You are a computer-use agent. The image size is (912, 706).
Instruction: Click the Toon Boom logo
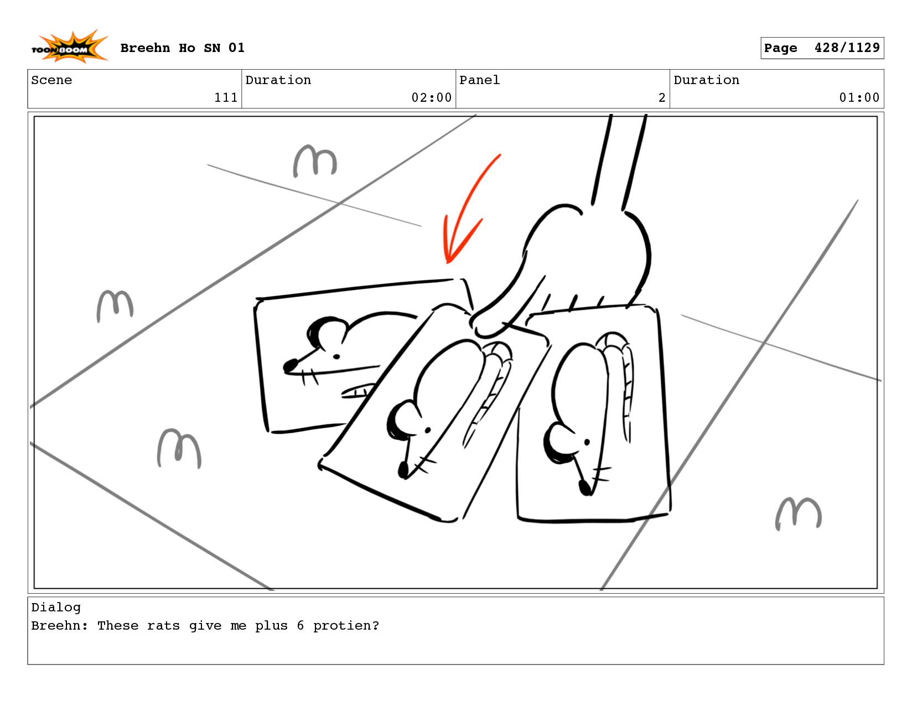point(69,46)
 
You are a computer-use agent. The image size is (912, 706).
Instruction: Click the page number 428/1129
point(847,48)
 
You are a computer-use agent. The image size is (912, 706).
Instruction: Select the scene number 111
point(226,97)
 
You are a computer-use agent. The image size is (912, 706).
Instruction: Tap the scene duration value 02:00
point(431,97)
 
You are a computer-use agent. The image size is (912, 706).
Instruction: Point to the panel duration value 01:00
point(859,97)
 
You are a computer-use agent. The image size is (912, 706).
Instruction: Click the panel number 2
point(662,97)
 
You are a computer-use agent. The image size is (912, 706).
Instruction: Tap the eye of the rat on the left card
point(336,356)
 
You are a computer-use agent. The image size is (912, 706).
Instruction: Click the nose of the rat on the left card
point(290,365)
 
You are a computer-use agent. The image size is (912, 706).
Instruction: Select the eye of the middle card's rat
point(428,430)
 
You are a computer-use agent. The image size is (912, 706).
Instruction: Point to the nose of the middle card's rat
point(403,470)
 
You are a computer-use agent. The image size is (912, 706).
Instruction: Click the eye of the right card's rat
point(587,442)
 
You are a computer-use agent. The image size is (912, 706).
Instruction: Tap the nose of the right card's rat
point(584,487)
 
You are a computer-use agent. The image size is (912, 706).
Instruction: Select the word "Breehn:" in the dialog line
point(60,625)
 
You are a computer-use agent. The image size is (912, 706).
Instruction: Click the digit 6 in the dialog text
point(300,625)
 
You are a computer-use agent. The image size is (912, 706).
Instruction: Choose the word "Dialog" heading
point(56,607)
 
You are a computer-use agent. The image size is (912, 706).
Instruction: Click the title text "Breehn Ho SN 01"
point(182,48)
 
